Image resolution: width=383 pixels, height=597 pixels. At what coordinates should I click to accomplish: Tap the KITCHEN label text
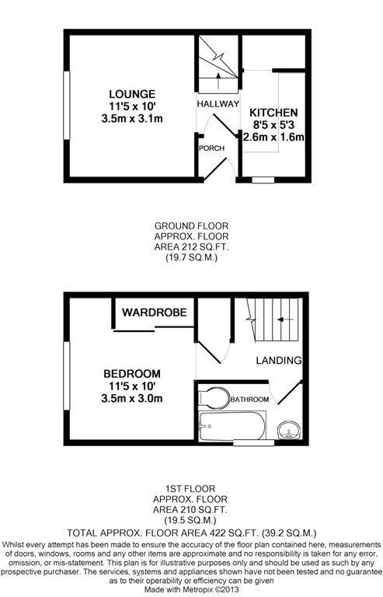[273, 113]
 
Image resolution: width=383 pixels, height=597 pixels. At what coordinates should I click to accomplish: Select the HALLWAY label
[218, 103]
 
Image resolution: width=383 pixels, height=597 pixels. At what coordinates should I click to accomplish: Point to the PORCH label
[212, 148]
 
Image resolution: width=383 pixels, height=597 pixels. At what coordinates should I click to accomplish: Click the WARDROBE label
[155, 312]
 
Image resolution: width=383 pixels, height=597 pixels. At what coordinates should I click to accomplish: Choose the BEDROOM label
[132, 373]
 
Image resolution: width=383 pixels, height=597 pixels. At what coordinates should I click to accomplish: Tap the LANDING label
[279, 360]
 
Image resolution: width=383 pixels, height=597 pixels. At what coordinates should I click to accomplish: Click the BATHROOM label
[249, 400]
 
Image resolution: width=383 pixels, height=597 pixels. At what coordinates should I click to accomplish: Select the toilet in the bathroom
[214, 397]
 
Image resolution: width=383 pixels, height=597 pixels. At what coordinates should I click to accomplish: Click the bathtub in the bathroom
[232, 426]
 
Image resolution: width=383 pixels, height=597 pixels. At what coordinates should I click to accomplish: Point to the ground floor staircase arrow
[218, 81]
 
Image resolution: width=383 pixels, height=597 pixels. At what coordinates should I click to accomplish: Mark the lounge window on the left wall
[67, 106]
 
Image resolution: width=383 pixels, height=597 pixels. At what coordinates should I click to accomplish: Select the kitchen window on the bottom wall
[263, 180]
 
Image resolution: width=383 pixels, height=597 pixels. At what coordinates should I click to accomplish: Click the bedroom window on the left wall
[67, 375]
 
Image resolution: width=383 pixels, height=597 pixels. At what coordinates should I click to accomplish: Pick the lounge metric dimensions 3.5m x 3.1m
[132, 119]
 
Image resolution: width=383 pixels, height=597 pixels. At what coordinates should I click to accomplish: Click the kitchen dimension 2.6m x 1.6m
[273, 137]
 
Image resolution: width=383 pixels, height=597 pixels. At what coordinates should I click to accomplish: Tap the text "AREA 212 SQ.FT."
[191, 246]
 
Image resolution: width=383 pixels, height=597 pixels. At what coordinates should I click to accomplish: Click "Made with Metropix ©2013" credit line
[191, 589]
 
